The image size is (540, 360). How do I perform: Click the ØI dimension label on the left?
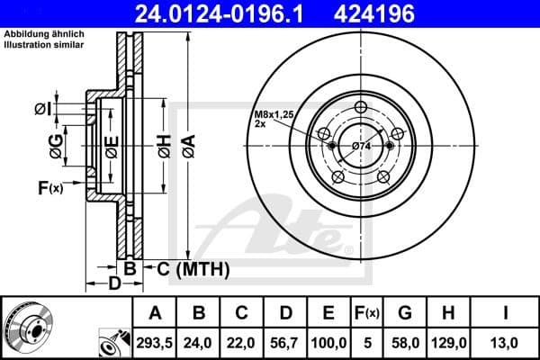42,109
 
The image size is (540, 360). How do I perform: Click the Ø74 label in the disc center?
363,147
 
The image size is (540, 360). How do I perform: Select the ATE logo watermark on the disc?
285,229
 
